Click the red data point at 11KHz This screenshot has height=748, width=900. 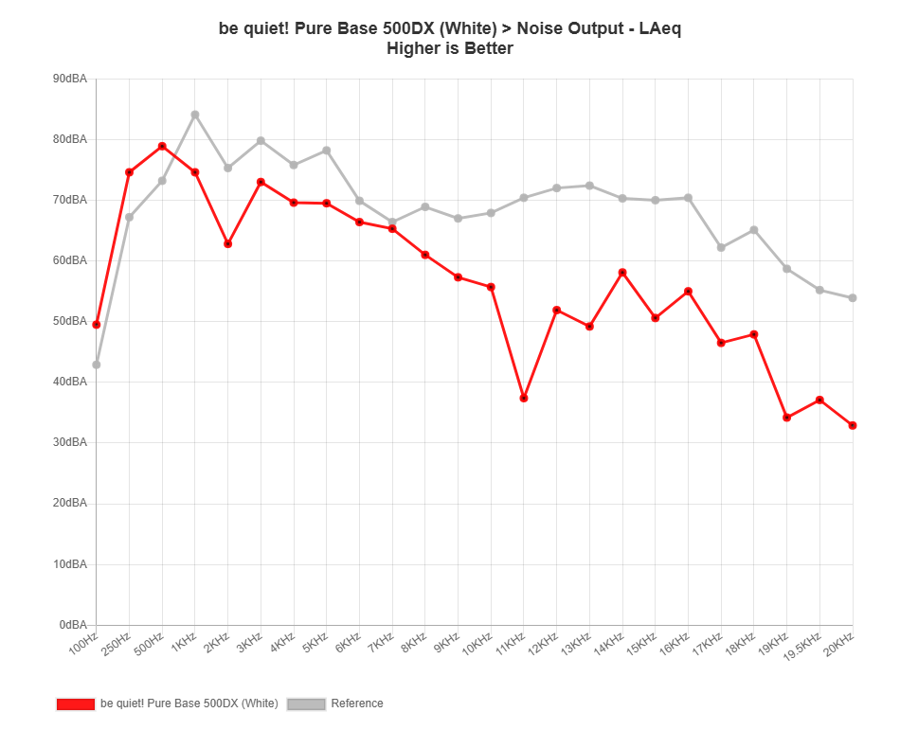[x=524, y=398]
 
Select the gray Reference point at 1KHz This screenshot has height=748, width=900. [x=195, y=115]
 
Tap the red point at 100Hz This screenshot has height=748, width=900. [x=97, y=325]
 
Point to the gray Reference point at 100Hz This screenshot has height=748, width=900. [x=97, y=365]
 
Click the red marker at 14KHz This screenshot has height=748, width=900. [x=622, y=273]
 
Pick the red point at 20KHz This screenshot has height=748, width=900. [x=853, y=426]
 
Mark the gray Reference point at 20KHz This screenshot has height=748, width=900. [x=853, y=298]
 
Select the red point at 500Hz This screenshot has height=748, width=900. [x=162, y=146]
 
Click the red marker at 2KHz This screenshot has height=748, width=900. [x=228, y=244]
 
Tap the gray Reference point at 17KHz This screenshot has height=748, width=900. [x=721, y=247]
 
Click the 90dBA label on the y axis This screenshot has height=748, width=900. [x=71, y=79]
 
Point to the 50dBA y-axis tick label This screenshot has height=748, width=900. [x=71, y=321]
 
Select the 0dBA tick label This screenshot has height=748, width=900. [x=73, y=625]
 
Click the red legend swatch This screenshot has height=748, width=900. [x=76, y=703]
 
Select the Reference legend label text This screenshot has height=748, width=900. [x=357, y=703]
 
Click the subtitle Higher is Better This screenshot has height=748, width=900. [x=450, y=48]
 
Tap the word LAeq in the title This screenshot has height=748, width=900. [x=660, y=28]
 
